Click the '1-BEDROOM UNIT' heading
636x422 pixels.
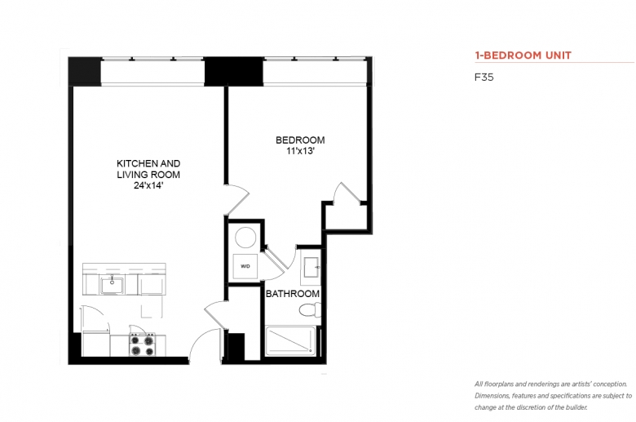point(523,56)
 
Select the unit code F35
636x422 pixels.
point(484,78)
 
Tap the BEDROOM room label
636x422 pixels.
point(300,140)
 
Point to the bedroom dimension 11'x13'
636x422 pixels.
point(300,152)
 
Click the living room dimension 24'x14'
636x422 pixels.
point(148,186)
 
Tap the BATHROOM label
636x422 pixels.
point(293,294)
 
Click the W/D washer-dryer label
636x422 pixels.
point(245,266)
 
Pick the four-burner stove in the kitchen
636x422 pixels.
point(142,344)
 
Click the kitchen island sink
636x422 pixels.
point(113,285)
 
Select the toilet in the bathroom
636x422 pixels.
point(310,311)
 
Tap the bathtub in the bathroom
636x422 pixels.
point(290,340)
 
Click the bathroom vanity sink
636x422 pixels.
point(311,267)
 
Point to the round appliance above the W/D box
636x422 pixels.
point(245,238)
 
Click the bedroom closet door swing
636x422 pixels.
point(347,192)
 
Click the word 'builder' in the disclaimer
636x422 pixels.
point(576,407)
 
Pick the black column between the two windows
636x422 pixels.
point(234,72)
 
